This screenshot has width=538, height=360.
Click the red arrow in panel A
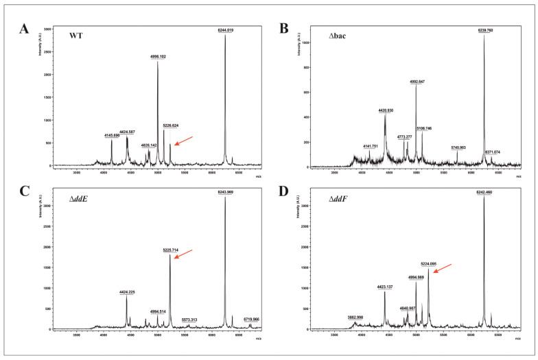coord(184,141)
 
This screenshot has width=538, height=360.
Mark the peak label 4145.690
coord(111,136)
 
